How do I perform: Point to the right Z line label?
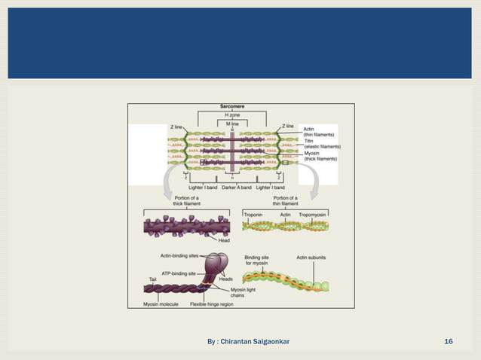pyautogui.click(x=288, y=126)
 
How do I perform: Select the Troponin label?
pyautogui.click(x=255, y=215)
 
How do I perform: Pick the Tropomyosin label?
pyautogui.click(x=312, y=215)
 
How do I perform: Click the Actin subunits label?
pyautogui.click(x=311, y=257)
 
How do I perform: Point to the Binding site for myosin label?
pyautogui.click(x=259, y=260)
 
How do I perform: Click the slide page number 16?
pyautogui.click(x=449, y=343)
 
